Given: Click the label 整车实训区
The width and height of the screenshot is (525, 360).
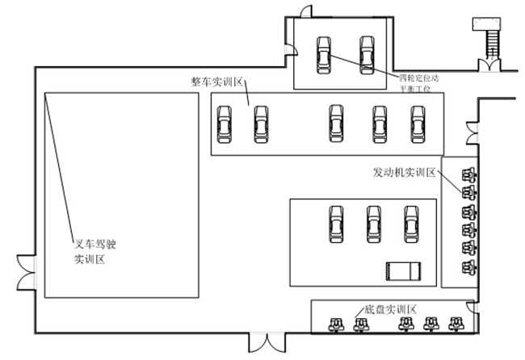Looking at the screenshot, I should click(x=217, y=82).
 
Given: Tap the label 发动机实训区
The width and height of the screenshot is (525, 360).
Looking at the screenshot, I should click(x=405, y=172).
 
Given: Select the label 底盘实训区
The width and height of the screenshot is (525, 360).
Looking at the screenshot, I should click(x=389, y=309).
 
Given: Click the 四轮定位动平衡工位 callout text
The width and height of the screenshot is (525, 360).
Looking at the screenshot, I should click(x=420, y=83).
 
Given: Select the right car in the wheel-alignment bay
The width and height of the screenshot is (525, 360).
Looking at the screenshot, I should click(x=367, y=55).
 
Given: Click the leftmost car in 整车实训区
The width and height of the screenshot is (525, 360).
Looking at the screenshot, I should click(x=225, y=124).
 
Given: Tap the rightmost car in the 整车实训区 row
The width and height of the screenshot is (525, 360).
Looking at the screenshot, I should click(x=418, y=123).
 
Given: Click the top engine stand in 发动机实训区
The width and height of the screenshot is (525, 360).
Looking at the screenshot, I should click(x=467, y=174).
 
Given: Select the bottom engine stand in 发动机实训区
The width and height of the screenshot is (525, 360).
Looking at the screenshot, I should click(x=467, y=266).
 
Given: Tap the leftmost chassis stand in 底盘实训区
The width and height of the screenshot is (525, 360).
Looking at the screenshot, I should click(x=334, y=324).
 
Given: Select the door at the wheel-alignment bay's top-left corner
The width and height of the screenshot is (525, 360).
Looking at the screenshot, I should click(x=301, y=12).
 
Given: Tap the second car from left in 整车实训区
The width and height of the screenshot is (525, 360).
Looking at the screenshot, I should click(x=260, y=124).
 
